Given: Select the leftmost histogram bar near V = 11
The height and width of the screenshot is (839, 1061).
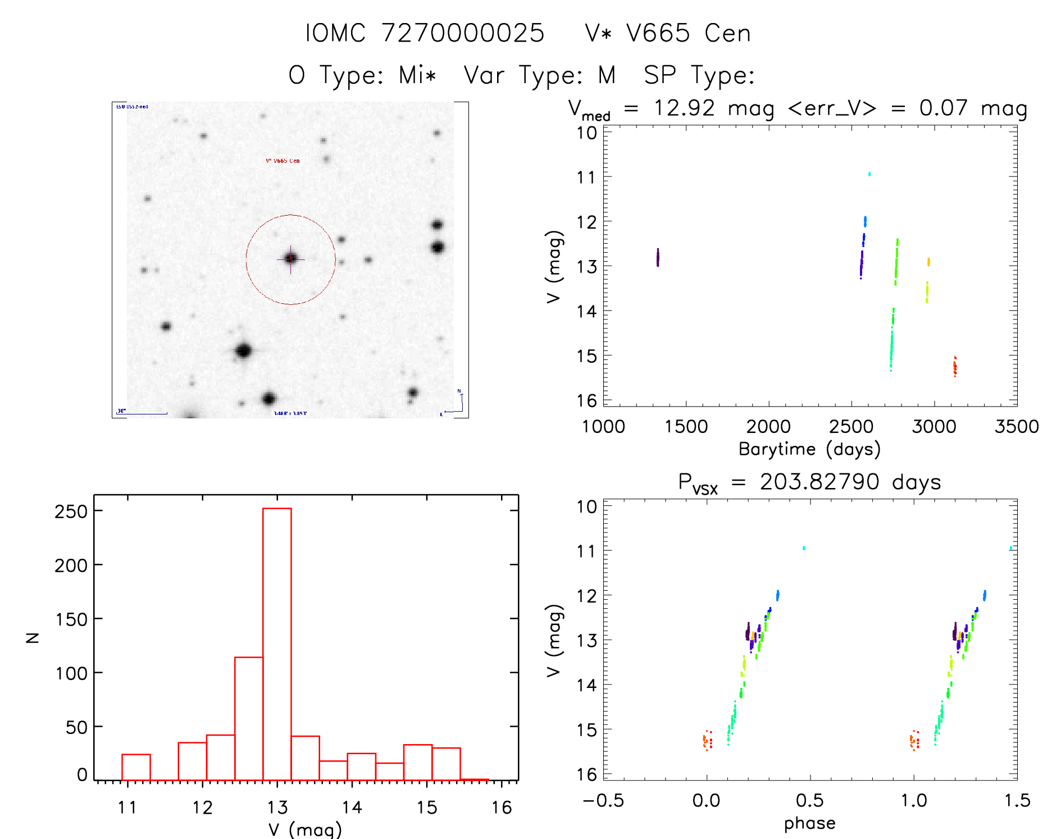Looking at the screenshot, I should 136,767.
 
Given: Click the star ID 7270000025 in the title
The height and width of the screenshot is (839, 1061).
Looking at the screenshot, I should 463,33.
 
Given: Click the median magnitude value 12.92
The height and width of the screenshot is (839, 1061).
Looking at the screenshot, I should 684,108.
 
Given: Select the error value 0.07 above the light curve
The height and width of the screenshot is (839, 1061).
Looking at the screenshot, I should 943,108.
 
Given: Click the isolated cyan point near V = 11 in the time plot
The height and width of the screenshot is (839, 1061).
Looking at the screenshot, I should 869,174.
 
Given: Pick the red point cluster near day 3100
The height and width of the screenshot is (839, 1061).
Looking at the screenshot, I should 954,367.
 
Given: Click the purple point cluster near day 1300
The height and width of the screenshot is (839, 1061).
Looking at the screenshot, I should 658,257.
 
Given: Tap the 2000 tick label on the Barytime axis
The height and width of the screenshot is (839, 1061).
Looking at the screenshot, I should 768,426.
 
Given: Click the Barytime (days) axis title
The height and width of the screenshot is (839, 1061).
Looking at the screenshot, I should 809,449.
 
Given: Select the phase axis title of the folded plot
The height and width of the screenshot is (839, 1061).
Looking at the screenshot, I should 809,823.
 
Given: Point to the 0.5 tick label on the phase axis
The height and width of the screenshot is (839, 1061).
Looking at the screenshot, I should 809,800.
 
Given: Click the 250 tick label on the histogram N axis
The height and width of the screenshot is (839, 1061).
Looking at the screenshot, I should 71,511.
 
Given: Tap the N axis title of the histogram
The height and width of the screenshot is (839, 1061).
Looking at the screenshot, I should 33,637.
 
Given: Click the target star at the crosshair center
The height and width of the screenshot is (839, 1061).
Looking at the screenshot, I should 290,259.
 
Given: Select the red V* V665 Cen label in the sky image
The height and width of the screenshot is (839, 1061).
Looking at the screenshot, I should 283,161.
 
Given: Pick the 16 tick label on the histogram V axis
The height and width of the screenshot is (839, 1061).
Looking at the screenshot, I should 502,808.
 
